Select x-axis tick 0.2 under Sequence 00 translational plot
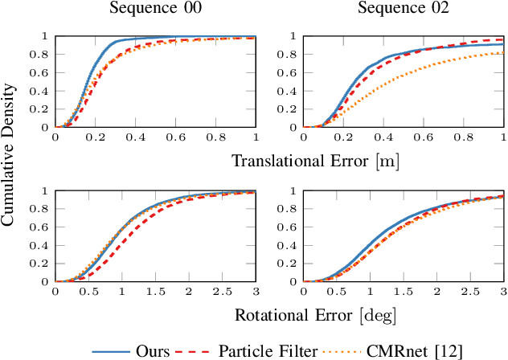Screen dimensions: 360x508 point(95,138)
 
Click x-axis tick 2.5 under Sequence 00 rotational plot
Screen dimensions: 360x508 point(222,293)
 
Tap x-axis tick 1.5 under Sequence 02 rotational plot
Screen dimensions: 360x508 point(405,293)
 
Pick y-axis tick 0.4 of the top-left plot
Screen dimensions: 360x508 point(43,91)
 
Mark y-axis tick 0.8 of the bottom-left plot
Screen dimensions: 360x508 point(43,209)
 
